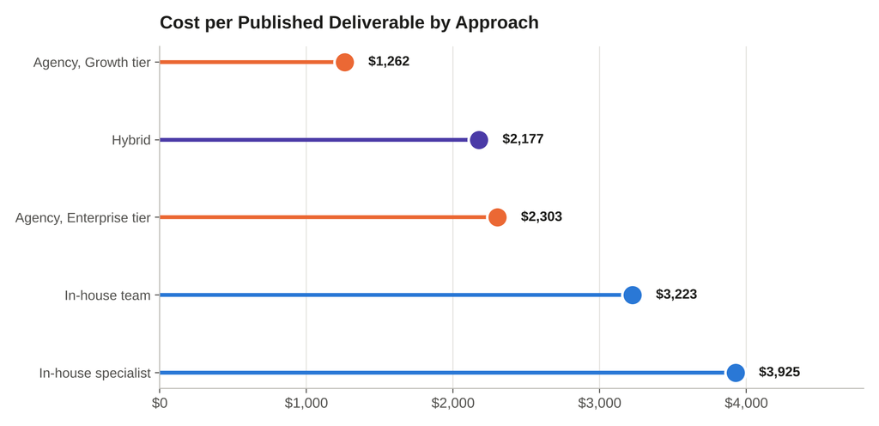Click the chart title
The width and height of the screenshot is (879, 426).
coord(349,23)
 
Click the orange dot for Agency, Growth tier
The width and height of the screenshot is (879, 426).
coord(345,62)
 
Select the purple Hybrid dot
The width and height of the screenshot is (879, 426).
coord(479,140)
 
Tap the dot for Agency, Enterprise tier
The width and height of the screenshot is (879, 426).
coord(497,217)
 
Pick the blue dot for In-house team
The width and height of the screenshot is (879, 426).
coord(633,295)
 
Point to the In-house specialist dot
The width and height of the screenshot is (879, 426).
coord(736,372)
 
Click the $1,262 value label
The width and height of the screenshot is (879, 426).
coord(389,62)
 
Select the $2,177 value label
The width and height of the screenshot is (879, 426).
coord(523,139)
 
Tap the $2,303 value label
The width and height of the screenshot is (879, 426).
coord(542,217)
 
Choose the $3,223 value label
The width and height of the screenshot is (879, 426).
coord(676,295)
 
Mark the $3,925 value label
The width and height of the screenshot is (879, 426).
coord(779,372)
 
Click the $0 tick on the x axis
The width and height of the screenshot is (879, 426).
coord(160,404)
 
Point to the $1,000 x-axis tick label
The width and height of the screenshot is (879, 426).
coord(306,404)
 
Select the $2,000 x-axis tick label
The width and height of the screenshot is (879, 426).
coord(453,404)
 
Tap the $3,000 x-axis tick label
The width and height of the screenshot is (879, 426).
coord(599,404)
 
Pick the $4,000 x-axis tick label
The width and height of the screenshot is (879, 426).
coord(746,404)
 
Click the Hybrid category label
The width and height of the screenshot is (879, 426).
coord(131,140)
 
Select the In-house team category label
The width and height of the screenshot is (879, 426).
coord(107,295)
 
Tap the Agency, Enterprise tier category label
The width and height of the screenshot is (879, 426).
coord(83,217)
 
